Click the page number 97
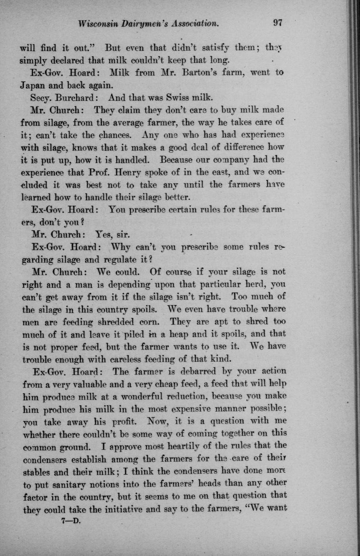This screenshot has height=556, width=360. click(x=277, y=23)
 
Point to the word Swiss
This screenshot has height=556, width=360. click(x=180, y=98)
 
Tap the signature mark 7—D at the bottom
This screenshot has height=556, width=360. click(x=71, y=520)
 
